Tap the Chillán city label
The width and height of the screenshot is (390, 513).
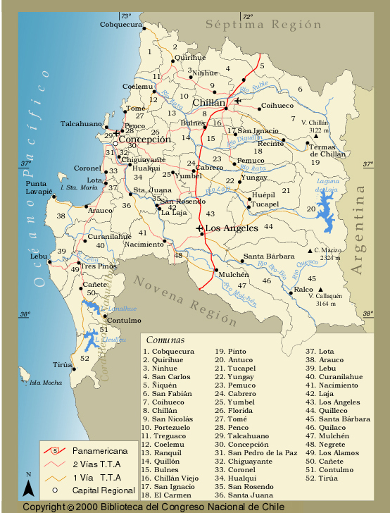tap(209, 104)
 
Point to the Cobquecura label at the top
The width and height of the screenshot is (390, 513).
tap(120, 24)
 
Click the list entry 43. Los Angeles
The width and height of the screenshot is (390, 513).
tap(332, 402)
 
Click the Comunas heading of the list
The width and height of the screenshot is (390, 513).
tap(165, 339)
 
